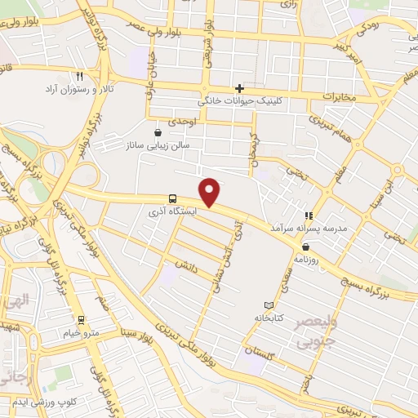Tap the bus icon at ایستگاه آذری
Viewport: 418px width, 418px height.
click(x=172, y=198)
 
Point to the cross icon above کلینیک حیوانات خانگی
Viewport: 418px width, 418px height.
click(x=239, y=88)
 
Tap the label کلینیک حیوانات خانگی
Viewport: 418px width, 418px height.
click(x=238, y=101)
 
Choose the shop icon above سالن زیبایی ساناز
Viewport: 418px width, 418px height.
click(x=158, y=131)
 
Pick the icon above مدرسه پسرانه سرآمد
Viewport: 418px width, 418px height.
click(x=309, y=216)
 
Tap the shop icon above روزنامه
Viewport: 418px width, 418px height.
click(x=305, y=246)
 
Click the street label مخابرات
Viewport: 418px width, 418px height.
click(x=339, y=96)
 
